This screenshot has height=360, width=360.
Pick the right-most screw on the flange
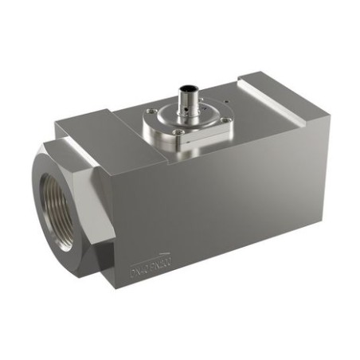tap(226, 120)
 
